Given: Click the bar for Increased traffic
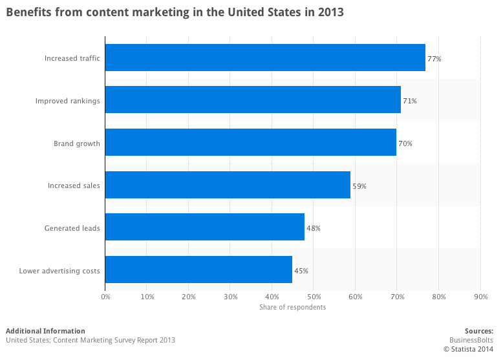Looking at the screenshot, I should pos(265,58).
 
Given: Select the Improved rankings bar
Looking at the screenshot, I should pos(253,100).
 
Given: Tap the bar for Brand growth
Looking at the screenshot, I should pos(251,143).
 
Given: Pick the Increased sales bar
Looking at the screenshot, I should pos(228,185).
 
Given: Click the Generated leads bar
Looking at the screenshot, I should pos(205,228).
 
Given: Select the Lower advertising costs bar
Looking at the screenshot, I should pos(198,270).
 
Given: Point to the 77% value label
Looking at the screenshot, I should pos(434,59).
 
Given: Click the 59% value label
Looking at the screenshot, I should pos(359,186).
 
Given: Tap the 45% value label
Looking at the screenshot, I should pos(301,271).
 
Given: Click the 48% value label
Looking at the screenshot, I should pos(314,228).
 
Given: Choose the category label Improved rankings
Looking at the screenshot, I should pos(68,101).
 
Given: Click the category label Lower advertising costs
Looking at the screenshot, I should pos(59,271).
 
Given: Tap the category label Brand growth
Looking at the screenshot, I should pos(77,143).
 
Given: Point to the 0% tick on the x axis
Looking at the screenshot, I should pos(105,297).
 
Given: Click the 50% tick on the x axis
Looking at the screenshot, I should pos(314,297).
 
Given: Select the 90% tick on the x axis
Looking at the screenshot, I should pos(480,297).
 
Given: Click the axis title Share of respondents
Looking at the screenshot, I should pos(292,307).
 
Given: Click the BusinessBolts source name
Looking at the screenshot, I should pos(471,340).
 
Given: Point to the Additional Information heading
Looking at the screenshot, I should pos(45,331).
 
